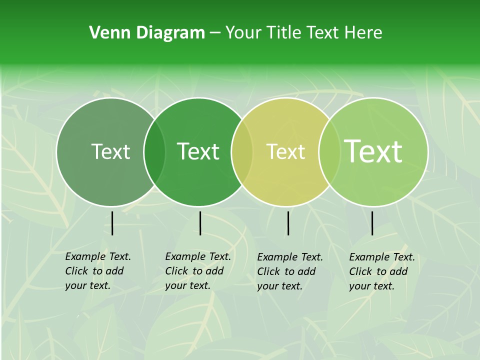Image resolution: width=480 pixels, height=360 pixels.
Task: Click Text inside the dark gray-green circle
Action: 111,151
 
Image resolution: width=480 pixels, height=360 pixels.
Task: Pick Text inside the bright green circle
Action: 198,151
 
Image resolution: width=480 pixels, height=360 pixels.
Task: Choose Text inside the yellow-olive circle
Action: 285,151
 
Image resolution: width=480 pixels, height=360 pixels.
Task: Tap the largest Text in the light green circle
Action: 373,151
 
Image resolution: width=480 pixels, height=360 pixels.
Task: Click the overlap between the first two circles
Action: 154,152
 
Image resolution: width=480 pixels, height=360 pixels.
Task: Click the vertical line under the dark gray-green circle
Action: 112,223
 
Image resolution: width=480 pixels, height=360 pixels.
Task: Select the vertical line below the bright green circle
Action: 200,223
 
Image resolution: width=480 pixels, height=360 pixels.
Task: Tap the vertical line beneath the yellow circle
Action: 288,223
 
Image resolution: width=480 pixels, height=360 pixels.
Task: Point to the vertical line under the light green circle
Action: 372,223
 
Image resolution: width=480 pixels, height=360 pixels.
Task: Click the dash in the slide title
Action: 215,33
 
